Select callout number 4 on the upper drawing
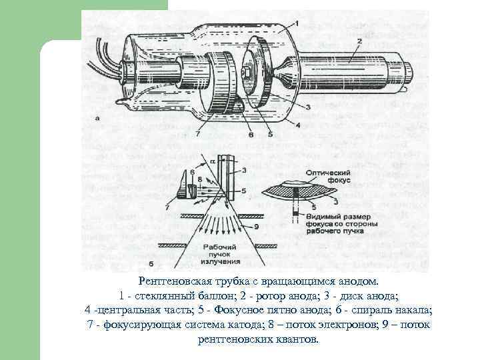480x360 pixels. point(298,125)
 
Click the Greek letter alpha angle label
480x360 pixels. point(213,160)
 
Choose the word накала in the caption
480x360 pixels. point(414,310)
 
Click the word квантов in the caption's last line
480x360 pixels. point(301,339)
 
